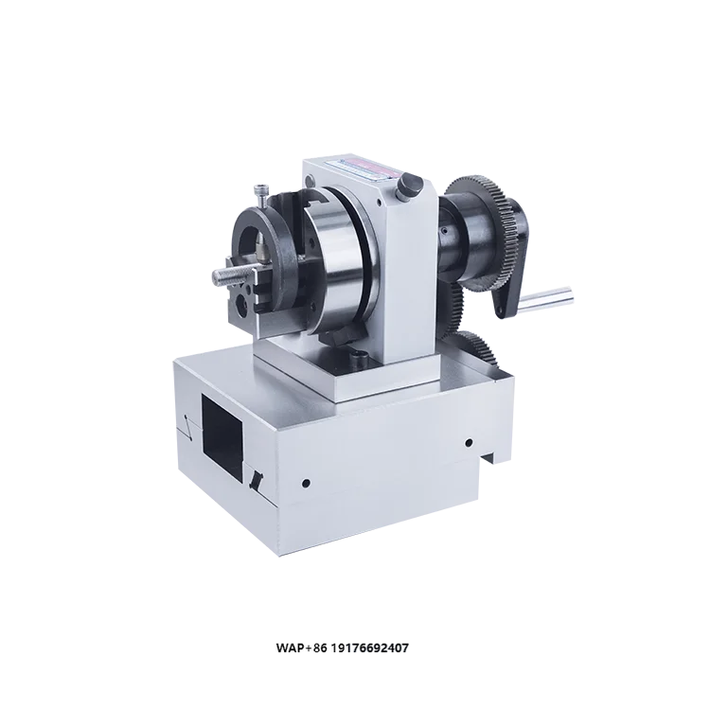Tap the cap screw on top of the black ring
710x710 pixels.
pyautogui.click(x=259, y=194)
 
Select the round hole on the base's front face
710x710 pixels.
pyautogui.click(x=305, y=481)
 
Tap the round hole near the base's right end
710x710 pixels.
pyautogui.click(x=469, y=442)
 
